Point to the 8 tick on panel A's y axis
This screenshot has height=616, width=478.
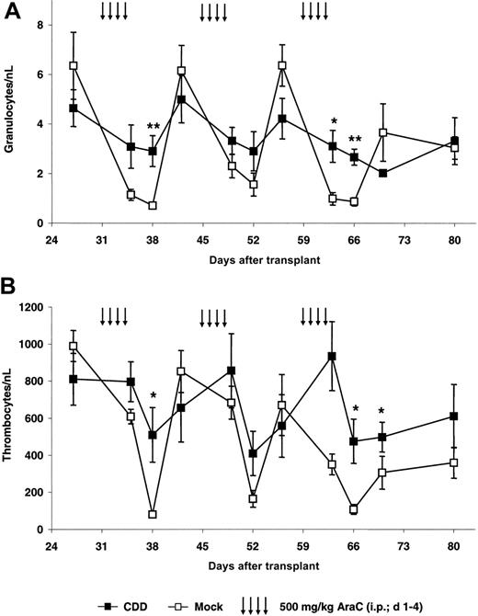coord(40,25)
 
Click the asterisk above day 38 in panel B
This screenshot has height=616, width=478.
coord(154,397)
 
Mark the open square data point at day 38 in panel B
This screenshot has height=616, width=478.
coord(152,515)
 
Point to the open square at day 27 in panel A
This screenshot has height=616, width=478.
coord(73,66)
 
